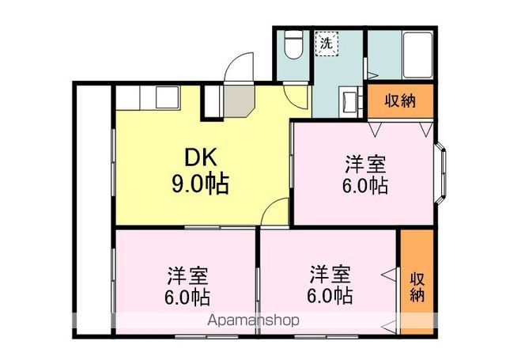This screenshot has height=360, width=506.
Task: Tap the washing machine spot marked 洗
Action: point(327,43)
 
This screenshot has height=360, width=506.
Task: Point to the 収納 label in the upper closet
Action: point(399,101)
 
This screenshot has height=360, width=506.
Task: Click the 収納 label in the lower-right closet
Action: point(417,286)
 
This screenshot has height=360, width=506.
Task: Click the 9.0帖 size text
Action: point(201,184)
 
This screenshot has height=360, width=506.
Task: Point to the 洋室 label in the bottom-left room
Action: point(187,277)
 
